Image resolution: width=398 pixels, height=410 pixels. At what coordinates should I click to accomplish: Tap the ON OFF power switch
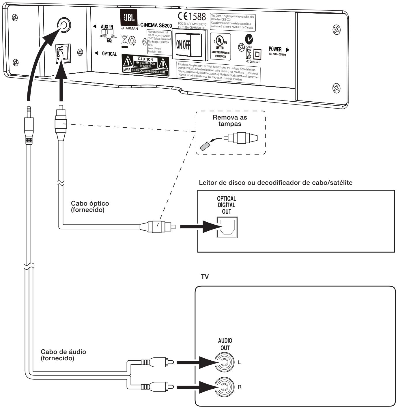(x=187, y=45)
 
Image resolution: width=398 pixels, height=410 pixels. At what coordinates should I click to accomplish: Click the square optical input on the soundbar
(x=61, y=53)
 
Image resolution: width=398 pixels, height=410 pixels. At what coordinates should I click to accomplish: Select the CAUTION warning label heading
(x=145, y=59)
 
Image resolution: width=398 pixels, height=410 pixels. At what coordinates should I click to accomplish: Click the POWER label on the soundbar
(x=275, y=49)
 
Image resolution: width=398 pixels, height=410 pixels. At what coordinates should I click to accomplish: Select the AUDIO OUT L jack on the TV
(x=225, y=362)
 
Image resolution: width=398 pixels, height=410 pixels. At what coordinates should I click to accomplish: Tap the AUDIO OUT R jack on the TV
(x=225, y=387)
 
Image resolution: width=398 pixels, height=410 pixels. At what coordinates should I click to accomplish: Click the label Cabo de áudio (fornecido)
(x=63, y=355)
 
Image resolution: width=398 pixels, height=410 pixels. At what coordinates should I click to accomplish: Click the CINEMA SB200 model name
(x=156, y=25)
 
